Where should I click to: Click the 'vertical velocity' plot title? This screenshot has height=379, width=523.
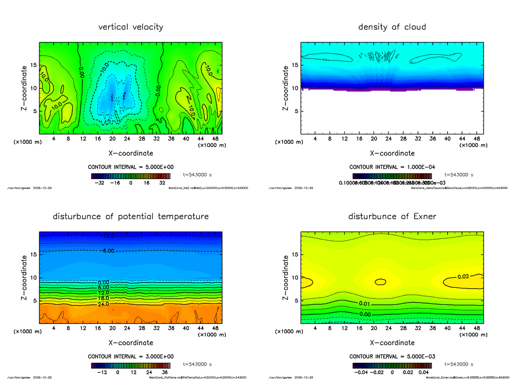click(x=131, y=27)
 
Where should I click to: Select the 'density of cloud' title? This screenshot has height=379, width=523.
click(x=392, y=27)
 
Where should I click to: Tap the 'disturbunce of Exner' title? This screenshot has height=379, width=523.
click(x=392, y=217)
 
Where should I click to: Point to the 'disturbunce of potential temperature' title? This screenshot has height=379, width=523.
click(x=131, y=217)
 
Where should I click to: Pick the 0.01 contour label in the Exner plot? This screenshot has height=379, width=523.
click(x=364, y=303)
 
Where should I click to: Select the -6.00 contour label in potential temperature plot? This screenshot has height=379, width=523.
click(x=107, y=251)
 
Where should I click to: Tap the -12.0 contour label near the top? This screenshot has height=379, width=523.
click(x=107, y=236)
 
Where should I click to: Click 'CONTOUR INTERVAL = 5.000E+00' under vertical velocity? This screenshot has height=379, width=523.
click(x=131, y=167)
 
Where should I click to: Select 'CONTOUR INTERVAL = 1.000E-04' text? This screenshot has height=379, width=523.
click(x=392, y=167)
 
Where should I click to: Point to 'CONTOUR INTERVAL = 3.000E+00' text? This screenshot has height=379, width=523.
click(x=131, y=356)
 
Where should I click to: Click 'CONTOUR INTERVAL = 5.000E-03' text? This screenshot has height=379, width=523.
click(x=392, y=356)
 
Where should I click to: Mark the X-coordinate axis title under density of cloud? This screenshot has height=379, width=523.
click(x=392, y=153)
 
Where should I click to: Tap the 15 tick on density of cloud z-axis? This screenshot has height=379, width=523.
click(x=295, y=65)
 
